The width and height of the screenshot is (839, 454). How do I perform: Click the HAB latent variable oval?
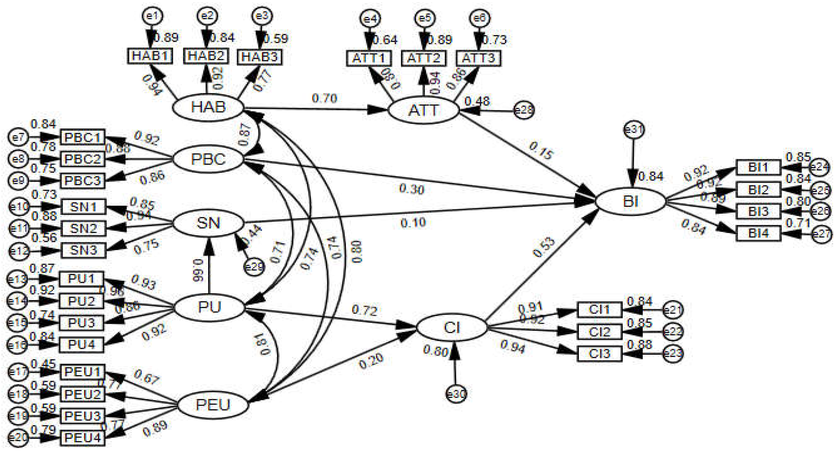click(x=208, y=107)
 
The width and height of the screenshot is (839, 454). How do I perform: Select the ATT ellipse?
click(x=423, y=111)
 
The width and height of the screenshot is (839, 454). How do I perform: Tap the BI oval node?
click(x=631, y=202)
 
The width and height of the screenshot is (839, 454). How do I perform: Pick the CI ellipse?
click(x=452, y=328)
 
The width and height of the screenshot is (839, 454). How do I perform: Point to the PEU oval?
click(x=213, y=405)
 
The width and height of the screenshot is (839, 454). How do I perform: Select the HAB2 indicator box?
click(x=206, y=56)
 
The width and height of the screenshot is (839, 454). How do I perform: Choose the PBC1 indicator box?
click(x=83, y=137)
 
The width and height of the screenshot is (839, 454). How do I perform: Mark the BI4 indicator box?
click(x=758, y=233)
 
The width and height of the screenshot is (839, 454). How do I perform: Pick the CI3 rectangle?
click(x=599, y=354)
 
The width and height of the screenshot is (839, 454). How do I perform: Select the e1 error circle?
click(x=153, y=16)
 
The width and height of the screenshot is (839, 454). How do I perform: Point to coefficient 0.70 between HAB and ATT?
click(x=324, y=98)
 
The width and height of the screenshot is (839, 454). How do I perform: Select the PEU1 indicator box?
click(x=83, y=372)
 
